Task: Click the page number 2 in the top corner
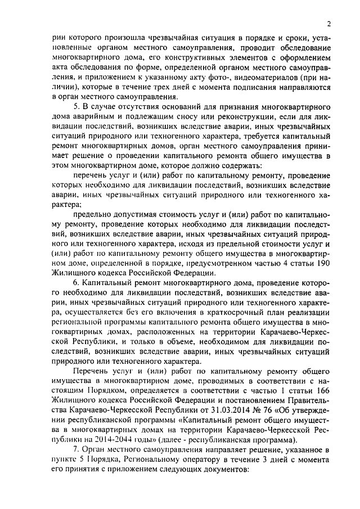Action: click(328, 23)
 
